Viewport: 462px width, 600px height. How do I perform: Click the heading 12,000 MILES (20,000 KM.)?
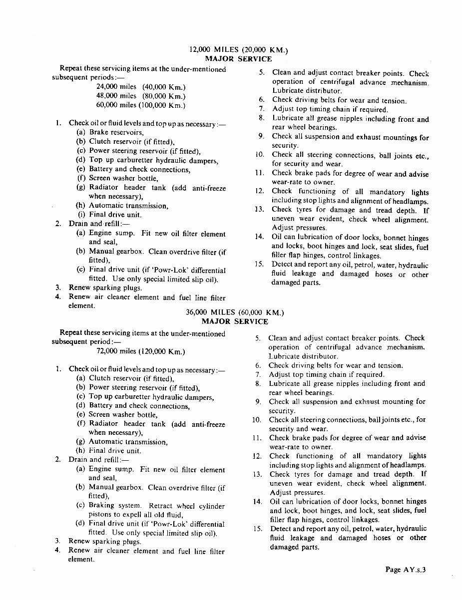tap(239, 50)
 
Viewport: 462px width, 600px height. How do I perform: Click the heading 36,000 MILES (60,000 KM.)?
tap(234, 312)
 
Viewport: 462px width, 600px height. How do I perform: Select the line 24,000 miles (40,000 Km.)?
tap(140, 86)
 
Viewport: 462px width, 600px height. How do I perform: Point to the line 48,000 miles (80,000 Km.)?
tap(140, 96)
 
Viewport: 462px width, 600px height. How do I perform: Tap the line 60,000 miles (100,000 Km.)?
tap(140, 105)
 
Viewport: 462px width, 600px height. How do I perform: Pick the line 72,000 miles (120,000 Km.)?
tap(140, 351)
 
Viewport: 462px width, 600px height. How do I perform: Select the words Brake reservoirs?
tap(116, 132)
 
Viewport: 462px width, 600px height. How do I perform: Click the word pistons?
tap(100, 515)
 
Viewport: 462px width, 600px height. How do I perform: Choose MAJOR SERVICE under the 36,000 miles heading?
tap(234, 321)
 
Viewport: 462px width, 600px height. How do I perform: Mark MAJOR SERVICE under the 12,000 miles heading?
tap(239, 59)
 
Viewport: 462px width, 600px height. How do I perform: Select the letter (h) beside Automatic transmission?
tap(80, 206)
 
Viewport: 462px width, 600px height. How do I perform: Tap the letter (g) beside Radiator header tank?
tap(80, 188)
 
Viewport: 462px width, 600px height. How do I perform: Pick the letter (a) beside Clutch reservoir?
tap(80, 378)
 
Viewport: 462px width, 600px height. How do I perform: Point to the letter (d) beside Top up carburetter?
tap(80, 160)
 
